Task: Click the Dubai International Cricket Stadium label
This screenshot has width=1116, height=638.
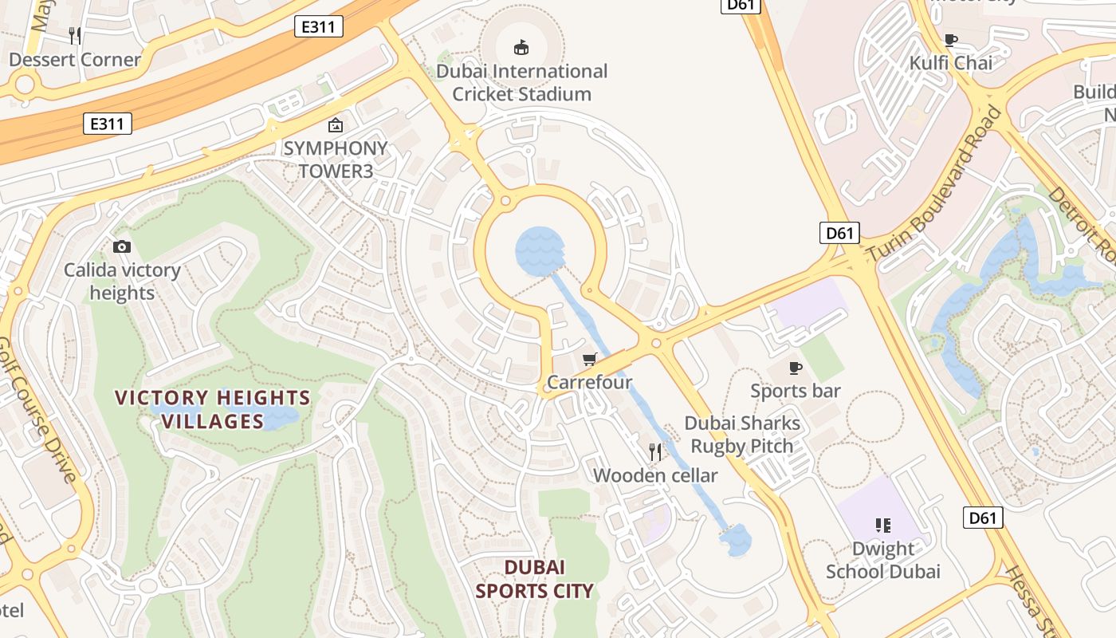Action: click(x=521, y=82)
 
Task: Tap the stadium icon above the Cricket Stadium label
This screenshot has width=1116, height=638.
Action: click(x=521, y=48)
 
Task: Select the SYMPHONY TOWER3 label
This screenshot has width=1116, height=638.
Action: click(x=335, y=159)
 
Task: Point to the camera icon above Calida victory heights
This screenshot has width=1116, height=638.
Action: click(x=122, y=247)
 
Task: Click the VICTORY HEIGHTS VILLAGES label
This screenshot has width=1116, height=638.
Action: click(x=212, y=408)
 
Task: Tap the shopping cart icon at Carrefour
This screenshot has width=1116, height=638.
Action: click(x=590, y=360)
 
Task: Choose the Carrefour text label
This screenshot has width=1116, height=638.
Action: click(x=589, y=382)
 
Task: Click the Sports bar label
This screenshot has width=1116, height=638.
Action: click(x=795, y=391)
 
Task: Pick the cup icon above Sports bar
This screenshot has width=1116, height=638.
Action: click(x=795, y=368)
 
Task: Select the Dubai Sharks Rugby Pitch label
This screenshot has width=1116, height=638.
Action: click(x=742, y=435)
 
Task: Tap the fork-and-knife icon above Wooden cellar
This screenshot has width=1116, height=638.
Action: click(x=655, y=452)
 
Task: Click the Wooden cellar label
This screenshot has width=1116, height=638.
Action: click(x=655, y=475)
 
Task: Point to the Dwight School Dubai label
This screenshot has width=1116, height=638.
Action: click(x=882, y=560)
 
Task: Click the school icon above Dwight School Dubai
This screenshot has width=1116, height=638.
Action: click(x=882, y=525)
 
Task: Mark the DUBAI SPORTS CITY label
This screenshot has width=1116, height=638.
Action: click(x=535, y=579)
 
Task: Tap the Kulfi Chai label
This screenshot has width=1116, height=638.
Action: click(x=952, y=63)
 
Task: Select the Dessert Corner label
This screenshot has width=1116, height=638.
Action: click(x=75, y=59)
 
